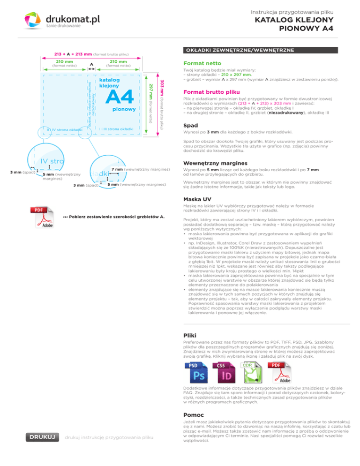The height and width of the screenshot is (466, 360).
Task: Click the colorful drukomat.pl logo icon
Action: [34, 22]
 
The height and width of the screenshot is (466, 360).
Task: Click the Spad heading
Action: [190, 126]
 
